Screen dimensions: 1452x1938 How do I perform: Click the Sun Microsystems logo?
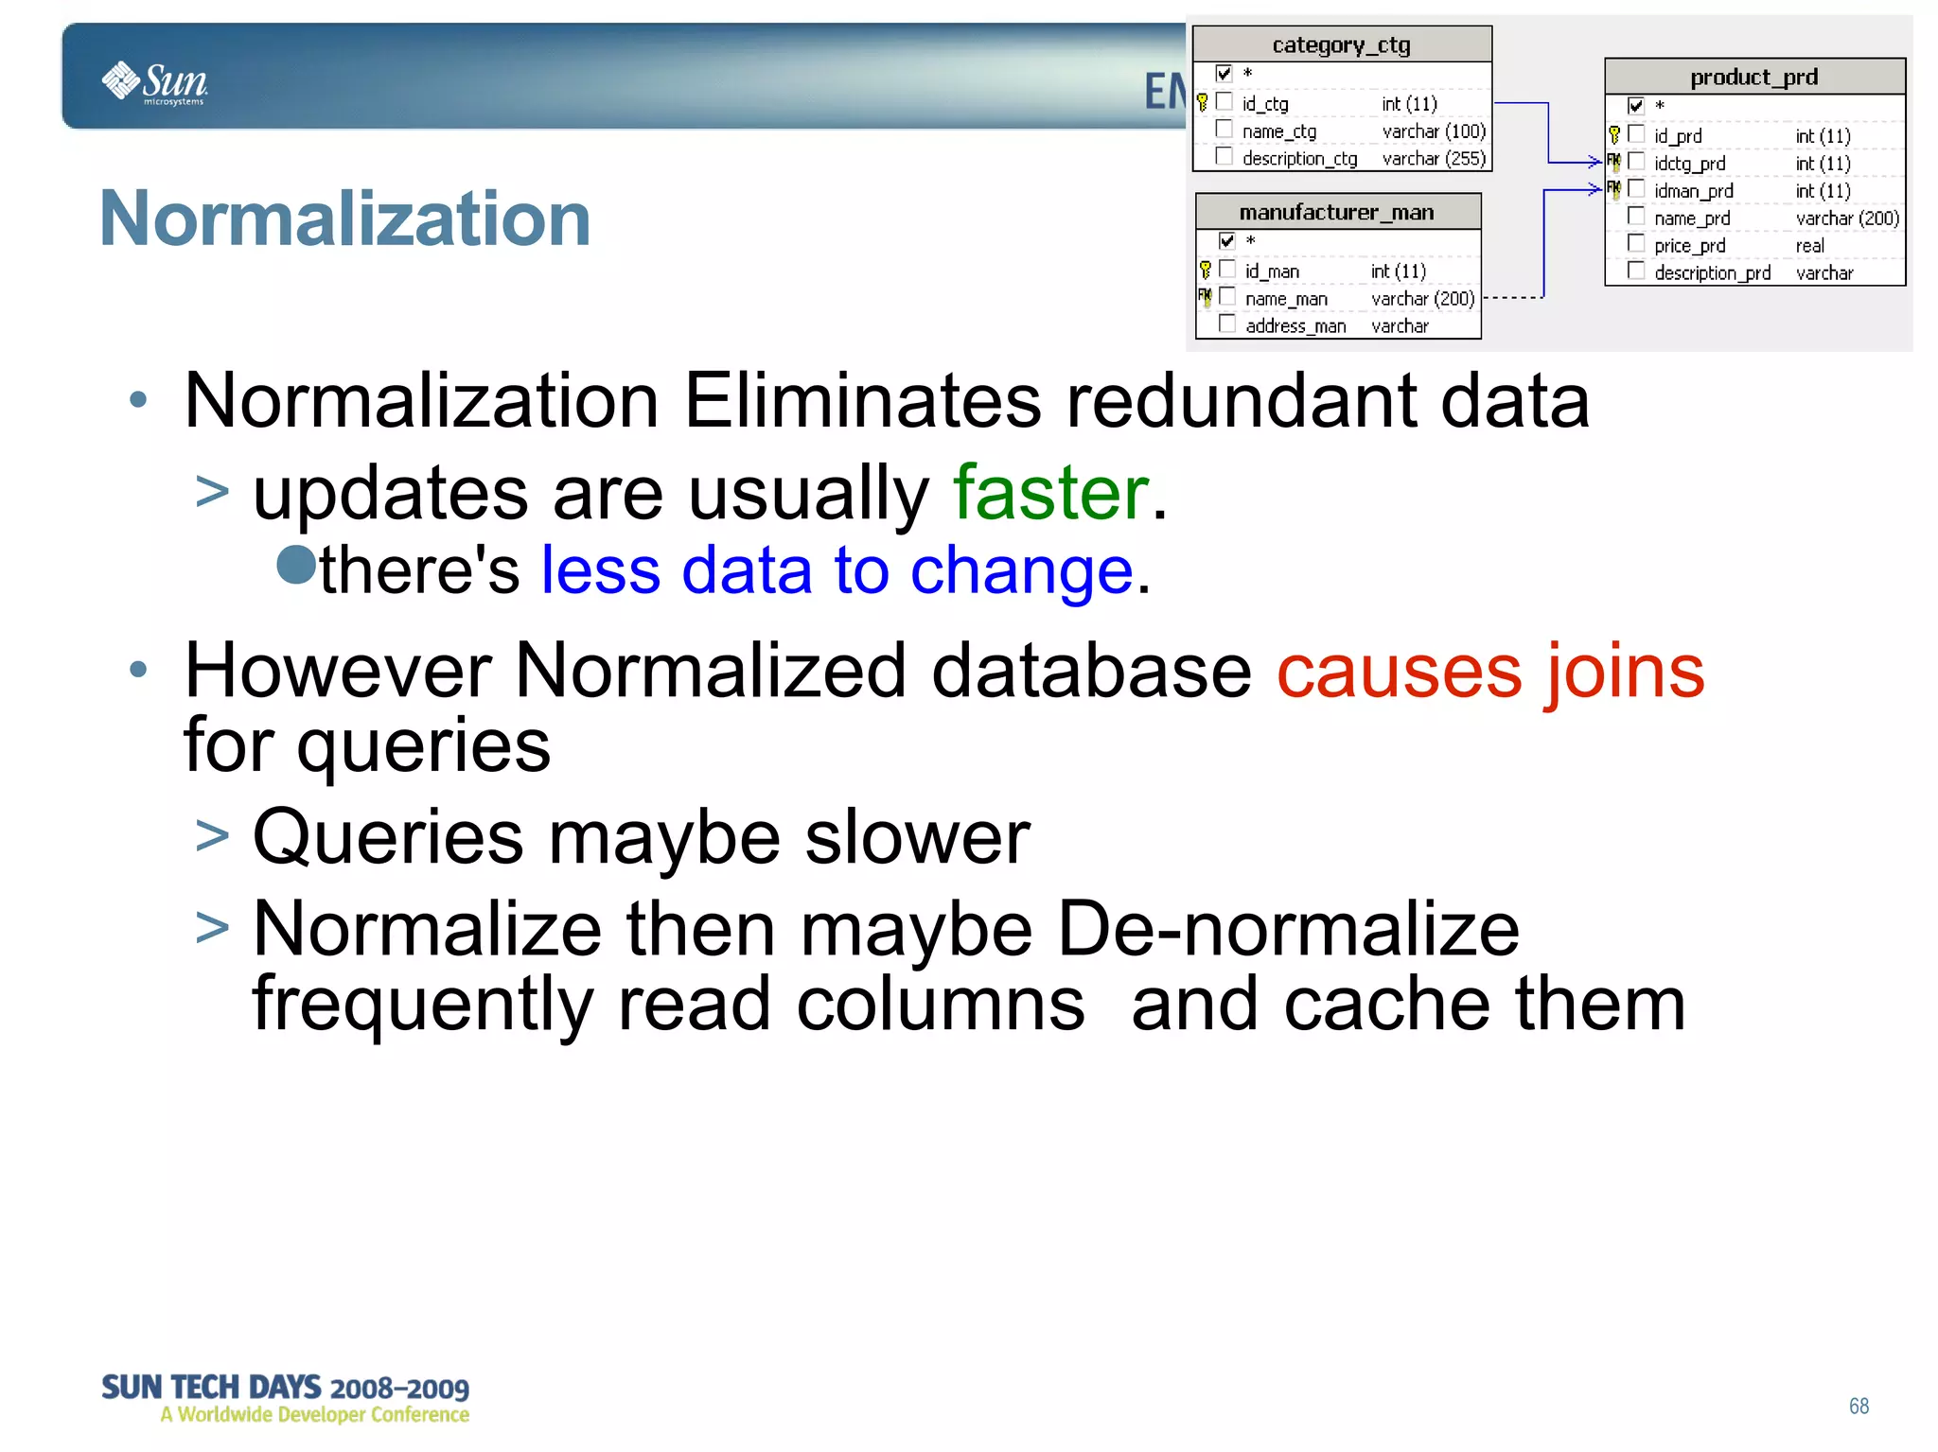pyautogui.click(x=154, y=82)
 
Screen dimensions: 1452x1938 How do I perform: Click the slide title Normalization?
pyautogui.click(x=345, y=219)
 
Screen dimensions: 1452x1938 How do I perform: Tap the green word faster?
pyautogui.click(x=1050, y=493)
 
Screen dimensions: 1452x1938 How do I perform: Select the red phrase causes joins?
pyautogui.click(x=1489, y=671)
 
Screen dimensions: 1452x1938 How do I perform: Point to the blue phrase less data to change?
pyautogui.click(x=837, y=570)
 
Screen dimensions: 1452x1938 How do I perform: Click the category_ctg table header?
pyautogui.click(x=1341, y=44)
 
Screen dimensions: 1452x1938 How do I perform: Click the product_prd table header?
pyautogui.click(x=1753, y=77)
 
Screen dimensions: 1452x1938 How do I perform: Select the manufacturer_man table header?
pyautogui.click(x=1336, y=212)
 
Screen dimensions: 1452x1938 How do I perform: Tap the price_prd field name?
pyautogui.click(x=1689, y=246)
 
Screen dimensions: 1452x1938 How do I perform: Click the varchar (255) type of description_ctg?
pyautogui.click(x=1434, y=159)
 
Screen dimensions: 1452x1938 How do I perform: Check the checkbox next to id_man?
pyautogui.click(x=1227, y=270)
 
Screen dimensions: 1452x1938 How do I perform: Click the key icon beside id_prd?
pyautogui.click(x=1614, y=135)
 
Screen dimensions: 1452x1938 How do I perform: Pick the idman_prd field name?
pyautogui.click(x=1693, y=191)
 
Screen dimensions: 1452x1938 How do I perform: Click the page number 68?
pyautogui.click(x=1859, y=1406)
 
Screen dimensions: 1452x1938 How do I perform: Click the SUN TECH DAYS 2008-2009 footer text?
pyautogui.click(x=285, y=1388)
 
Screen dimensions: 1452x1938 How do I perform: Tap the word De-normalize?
pyautogui.click(x=1287, y=929)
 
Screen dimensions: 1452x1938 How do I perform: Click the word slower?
pyautogui.click(x=917, y=837)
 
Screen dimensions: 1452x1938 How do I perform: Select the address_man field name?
pyautogui.click(x=1295, y=326)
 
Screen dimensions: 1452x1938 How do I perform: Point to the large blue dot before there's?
pyautogui.click(x=296, y=566)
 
